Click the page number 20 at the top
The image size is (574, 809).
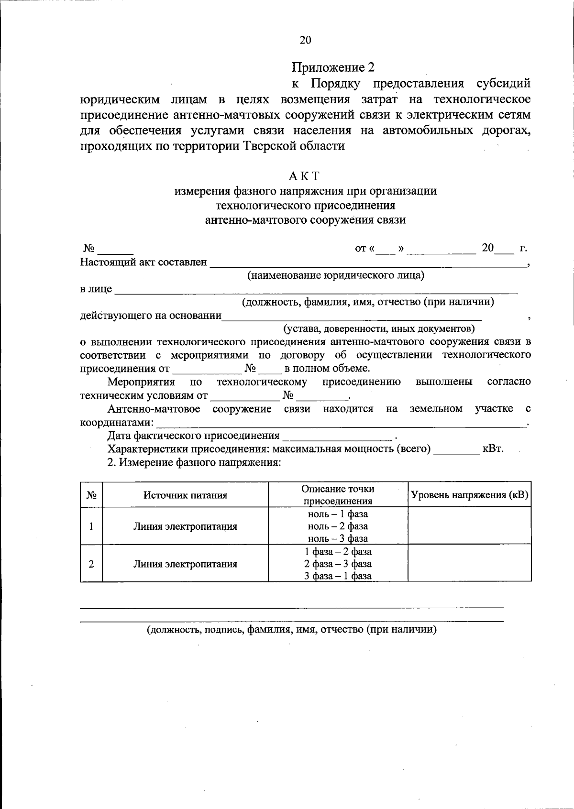pos(305,40)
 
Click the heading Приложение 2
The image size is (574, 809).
pos(333,67)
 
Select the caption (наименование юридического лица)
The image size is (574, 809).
pos(335,275)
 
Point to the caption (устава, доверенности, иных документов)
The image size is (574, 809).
pos(379,329)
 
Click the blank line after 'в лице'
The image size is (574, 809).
pos(316,289)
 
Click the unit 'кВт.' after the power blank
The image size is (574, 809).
pos(493,449)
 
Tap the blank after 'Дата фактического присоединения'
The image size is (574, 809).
pos(338,436)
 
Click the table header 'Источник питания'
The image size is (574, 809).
pos(185,495)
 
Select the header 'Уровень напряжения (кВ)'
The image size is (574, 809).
pos(469,495)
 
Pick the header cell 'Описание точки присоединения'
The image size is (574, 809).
pos(338,495)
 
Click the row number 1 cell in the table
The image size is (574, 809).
pos(91,526)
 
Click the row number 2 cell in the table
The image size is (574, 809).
pos(91,564)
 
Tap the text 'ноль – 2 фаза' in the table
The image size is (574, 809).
pos(338,526)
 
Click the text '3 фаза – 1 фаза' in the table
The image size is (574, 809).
pos(338,576)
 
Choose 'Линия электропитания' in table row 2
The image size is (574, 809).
pos(185,564)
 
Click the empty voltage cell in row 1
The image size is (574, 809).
pos(469,526)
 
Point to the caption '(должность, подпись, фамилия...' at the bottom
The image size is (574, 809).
pos(292,630)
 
